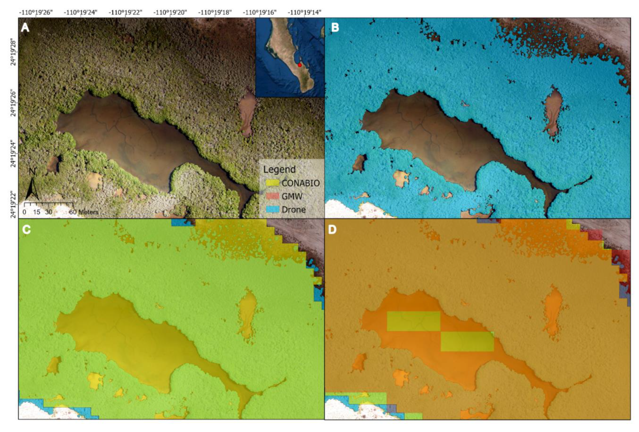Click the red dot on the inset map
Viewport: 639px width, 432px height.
point(299,65)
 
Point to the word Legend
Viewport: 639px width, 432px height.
point(279,169)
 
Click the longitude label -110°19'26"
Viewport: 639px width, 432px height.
point(36,12)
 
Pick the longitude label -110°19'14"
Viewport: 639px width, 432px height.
point(304,12)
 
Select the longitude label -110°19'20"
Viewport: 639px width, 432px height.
point(170,12)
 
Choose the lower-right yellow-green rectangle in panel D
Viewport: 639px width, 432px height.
point(467,341)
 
